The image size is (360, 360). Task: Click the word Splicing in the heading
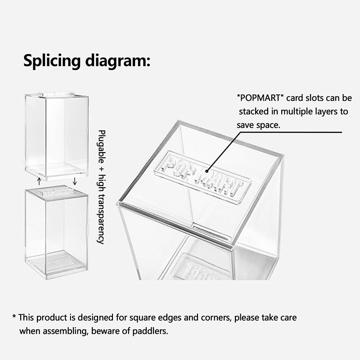52,61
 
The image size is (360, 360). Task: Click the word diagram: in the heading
118,61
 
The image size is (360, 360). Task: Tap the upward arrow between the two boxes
39,181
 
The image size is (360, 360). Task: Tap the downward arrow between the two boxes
74,181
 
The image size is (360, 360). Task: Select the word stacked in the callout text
254,112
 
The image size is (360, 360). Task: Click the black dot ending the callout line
207,171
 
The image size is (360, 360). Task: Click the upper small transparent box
57,136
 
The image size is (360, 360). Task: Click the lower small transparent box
57,232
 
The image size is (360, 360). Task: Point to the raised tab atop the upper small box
56,94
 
